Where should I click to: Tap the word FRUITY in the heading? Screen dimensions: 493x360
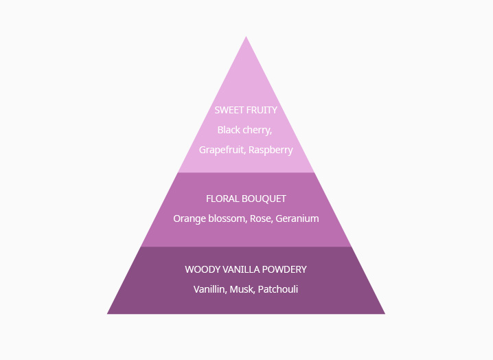tap(261, 110)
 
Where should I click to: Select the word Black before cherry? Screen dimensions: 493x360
tap(229, 130)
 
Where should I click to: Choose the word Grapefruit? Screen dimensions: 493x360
tap(222, 150)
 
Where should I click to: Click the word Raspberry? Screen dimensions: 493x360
tap(271, 150)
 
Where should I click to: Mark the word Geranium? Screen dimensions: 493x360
tap(297, 218)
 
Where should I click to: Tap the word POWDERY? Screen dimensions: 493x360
tap(284, 270)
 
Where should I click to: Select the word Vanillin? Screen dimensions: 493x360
tap(210, 289)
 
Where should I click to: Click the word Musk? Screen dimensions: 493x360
tap(242, 289)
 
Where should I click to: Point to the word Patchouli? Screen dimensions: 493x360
tap(278, 289)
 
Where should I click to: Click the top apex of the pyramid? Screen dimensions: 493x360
tap(246, 36)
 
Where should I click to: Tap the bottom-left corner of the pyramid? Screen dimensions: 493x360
tap(107, 314)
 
